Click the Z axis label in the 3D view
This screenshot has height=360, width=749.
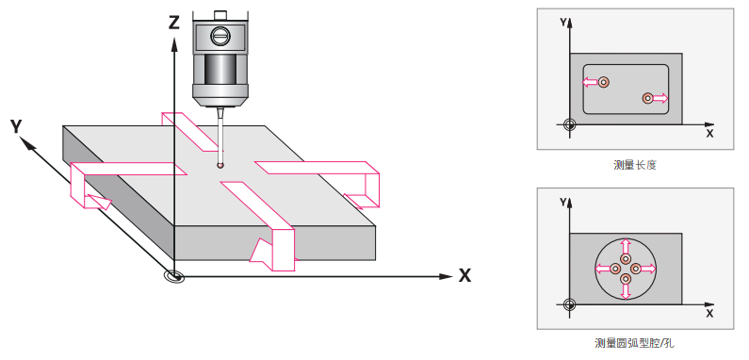pos(174,22)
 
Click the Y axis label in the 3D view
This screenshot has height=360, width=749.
pos(16,126)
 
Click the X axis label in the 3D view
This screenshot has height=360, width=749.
pos(464,275)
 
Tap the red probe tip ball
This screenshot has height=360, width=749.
pos(220,166)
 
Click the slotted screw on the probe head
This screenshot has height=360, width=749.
pos(220,36)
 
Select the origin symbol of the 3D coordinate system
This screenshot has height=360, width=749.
pos(174,276)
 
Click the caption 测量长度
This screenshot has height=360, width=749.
pos(635,166)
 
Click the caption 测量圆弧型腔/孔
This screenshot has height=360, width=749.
pos(635,343)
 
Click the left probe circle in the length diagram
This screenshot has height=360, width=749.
pos(604,82)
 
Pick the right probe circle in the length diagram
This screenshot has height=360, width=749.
pos(647,98)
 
